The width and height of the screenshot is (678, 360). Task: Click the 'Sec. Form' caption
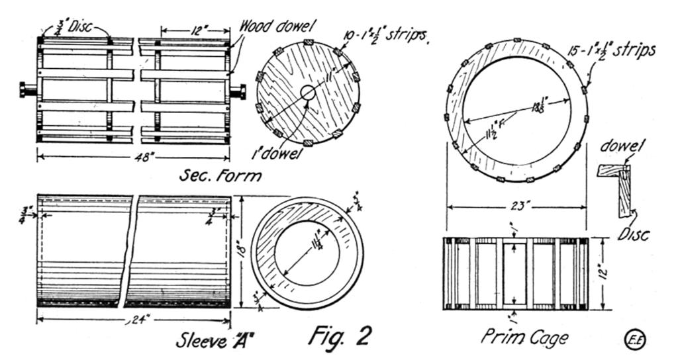(x=220, y=176)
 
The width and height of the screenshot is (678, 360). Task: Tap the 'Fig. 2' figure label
(x=340, y=335)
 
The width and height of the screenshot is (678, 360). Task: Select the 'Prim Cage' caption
(x=524, y=337)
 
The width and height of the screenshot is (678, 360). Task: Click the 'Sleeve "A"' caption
(x=216, y=339)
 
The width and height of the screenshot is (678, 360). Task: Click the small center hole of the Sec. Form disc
(x=308, y=93)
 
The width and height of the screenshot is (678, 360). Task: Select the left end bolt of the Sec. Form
(x=28, y=89)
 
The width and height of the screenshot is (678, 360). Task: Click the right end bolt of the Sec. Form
(x=238, y=91)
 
